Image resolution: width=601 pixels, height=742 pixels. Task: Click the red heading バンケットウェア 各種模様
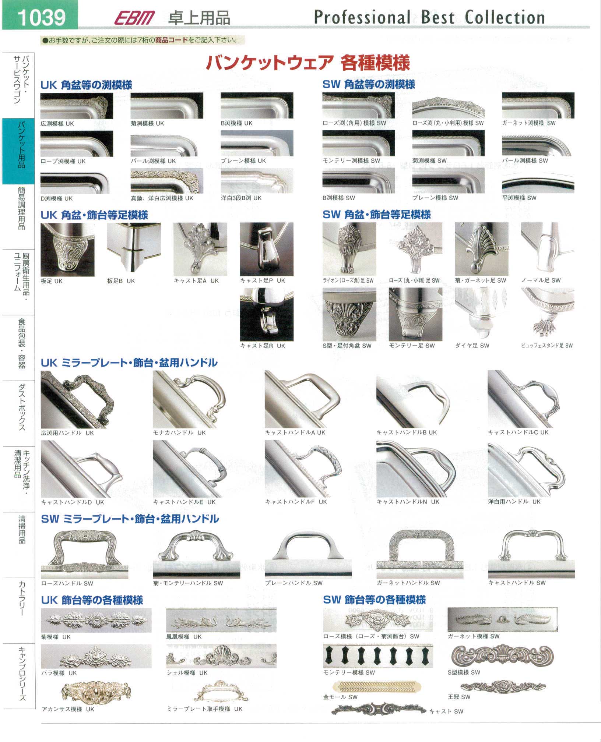[x=307, y=62]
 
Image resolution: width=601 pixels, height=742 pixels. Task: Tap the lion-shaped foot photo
[x=349, y=249]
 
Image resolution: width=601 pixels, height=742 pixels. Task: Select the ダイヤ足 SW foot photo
[x=481, y=314]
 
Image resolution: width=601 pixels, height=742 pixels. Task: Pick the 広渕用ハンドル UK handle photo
[x=77, y=399]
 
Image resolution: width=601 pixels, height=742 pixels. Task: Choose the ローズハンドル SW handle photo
[x=85, y=554]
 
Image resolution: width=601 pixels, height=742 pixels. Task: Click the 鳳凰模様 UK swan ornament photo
[x=221, y=620]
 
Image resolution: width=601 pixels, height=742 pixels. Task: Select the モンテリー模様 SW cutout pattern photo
[x=378, y=656]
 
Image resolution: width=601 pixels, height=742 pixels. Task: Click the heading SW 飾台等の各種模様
[x=375, y=600]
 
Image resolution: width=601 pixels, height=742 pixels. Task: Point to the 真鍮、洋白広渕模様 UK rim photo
[x=167, y=181]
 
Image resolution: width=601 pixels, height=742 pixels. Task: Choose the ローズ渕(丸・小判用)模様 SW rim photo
[x=448, y=106]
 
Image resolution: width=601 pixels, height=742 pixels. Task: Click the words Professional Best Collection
[x=429, y=17]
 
